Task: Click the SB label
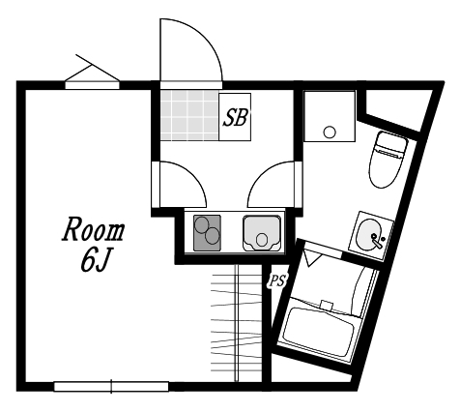click(236, 117)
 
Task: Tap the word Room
click(94, 229)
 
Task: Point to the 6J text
click(94, 260)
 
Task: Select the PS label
click(276, 280)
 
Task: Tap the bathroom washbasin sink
click(371, 235)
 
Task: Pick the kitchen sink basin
click(262, 233)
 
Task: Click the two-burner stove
click(207, 232)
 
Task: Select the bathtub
click(318, 332)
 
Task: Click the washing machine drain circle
click(330, 132)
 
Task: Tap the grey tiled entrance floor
click(189, 115)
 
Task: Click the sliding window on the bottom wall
click(111, 387)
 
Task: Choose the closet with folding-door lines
click(237, 323)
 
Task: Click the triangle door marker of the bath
click(312, 258)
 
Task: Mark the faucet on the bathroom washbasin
click(377, 241)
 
